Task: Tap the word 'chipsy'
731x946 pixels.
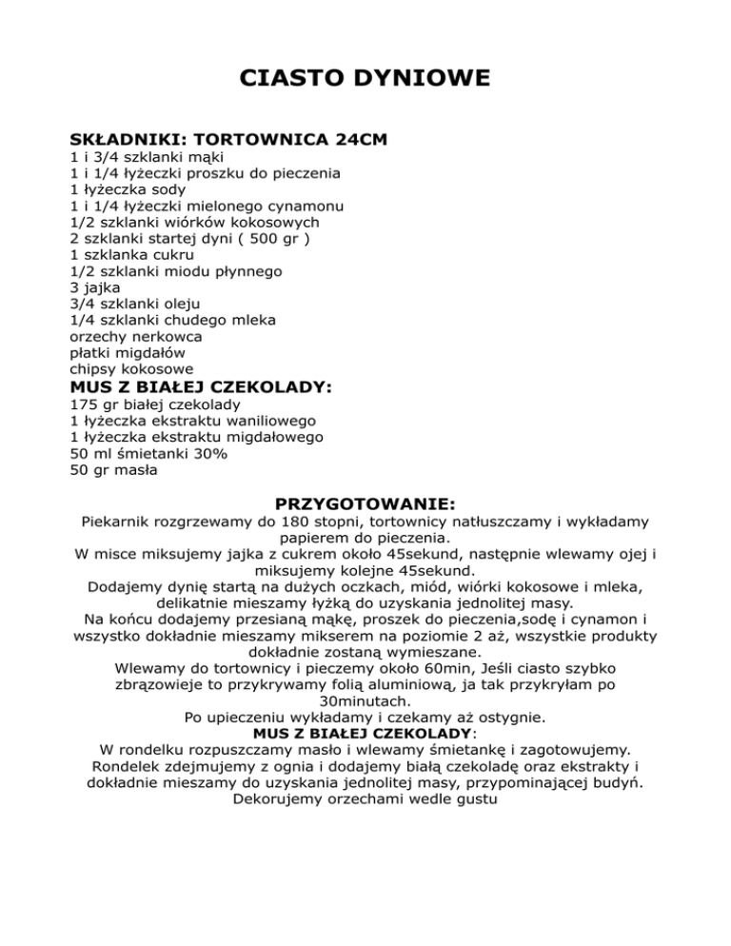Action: (x=94, y=368)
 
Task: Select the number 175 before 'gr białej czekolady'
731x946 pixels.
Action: (x=83, y=404)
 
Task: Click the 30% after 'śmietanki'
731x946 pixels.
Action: (x=207, y=453)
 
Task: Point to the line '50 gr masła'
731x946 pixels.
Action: (x=113, y=469)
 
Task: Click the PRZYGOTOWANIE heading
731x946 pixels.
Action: (x=365, y=502)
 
